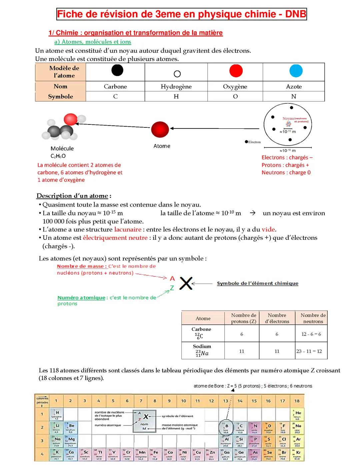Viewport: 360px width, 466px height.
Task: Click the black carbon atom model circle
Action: pos(117,70)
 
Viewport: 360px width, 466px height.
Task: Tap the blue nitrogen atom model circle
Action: pos(296,71)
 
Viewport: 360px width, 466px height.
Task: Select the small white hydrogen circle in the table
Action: pos(177,74)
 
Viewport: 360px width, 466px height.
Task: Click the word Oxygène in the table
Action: pos(235,86)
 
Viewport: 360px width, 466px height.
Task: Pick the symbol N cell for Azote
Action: pos(294,96)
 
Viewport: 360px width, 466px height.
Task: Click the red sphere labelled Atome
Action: pos(160,129)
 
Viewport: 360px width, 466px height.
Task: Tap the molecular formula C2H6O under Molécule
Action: pos(58,156)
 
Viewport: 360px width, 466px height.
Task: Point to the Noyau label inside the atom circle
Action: pos(288,118)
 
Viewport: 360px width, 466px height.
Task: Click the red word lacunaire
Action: pos(128,229)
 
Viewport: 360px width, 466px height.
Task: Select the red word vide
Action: pos(268,229)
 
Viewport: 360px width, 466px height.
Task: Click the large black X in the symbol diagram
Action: pos(186,283)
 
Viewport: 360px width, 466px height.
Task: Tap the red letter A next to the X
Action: pos(172,278)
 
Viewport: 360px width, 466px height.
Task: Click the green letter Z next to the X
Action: pos(172,288)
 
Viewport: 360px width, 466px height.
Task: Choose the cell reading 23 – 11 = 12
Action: pos(309,351)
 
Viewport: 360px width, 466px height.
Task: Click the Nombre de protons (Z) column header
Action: pos(243,318)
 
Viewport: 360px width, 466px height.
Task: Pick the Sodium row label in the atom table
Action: pos(202,346)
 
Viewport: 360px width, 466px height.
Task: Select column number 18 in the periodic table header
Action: pos(297,401)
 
